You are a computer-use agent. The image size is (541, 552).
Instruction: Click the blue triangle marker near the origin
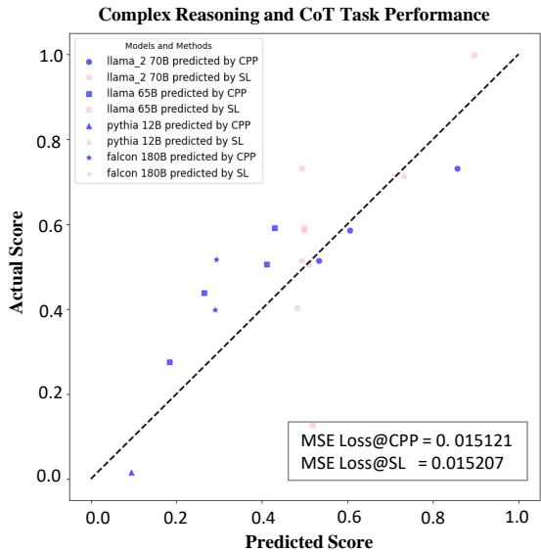point(131,473)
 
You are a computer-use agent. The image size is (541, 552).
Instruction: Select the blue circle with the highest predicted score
point(457,168)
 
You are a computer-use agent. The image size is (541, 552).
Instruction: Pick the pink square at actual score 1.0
point(474,56)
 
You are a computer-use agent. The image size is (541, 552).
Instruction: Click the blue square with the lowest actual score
point(169,362)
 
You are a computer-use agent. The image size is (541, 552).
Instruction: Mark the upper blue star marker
point(216,259)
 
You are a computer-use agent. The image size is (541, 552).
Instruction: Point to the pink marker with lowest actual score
point(312,425)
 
